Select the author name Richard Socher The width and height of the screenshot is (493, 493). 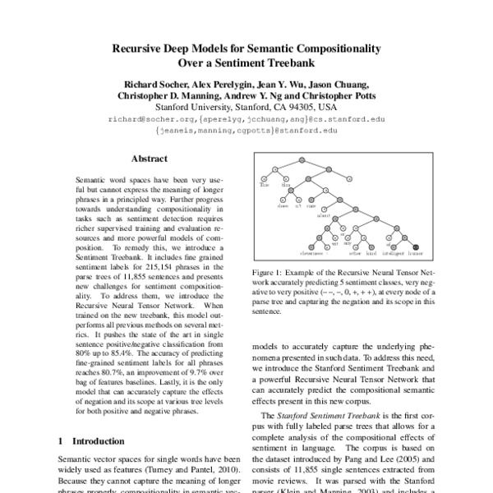pos(154,84)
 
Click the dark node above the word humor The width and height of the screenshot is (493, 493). pos(417,243)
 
